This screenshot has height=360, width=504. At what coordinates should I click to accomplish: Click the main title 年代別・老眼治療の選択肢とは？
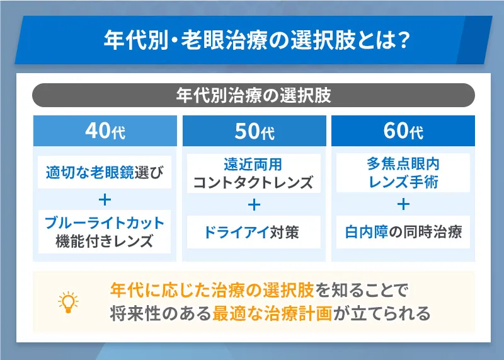click(252, 40)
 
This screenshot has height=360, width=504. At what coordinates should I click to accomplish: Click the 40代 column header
click(105, 132)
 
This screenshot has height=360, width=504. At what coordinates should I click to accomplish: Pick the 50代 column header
click(254, 132)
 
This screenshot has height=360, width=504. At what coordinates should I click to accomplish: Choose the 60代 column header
click(403, 132)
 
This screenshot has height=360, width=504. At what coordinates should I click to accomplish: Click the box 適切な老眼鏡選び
click(105, 171)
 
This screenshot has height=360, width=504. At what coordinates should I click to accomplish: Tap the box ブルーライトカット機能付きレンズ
click(105, 232)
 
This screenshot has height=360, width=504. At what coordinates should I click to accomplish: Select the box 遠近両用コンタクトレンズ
click(254, 173)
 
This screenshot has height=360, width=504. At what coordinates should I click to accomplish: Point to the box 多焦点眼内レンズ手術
click(403, 173)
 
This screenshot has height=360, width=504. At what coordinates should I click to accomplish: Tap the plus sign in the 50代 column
click(254, 204)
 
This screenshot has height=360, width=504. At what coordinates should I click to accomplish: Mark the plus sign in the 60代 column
click(403, 204)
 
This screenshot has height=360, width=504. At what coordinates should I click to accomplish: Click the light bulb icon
click(67, 302)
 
